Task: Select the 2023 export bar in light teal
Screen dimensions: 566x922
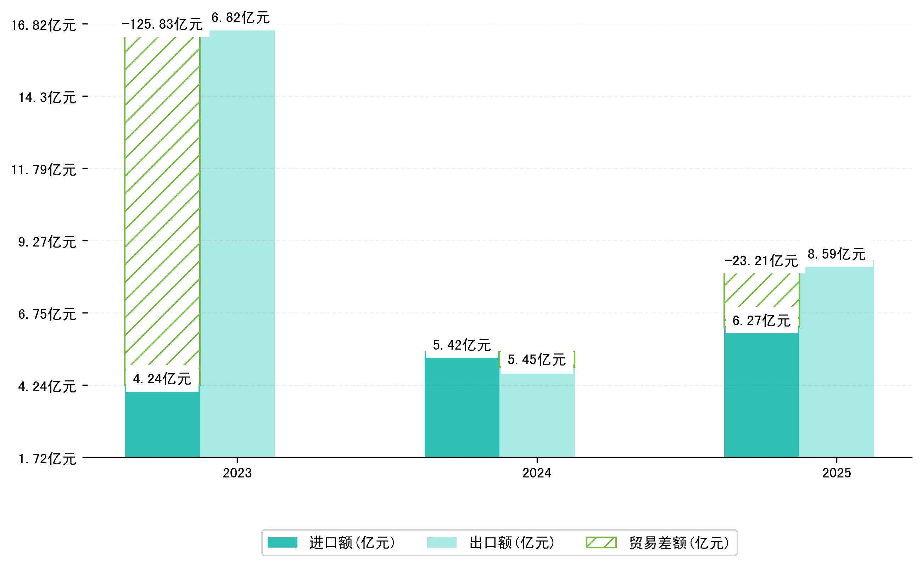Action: pos(237,243)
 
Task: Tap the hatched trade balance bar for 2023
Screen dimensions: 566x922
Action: pos(162,202)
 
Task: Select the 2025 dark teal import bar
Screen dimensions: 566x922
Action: pos(761,395)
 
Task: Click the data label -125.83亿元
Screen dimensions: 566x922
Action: pos(162,25)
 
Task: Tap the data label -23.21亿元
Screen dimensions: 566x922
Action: pos(761,261)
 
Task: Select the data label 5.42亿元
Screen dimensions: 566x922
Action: pos(462,345)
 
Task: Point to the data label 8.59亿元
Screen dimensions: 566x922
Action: pos(837,254)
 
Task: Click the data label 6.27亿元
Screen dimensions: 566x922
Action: pos(761,321)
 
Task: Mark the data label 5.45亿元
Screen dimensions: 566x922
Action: pos(537,360)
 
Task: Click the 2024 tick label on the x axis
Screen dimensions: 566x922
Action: pos(537,473)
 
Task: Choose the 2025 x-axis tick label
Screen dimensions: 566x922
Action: pos(837,473)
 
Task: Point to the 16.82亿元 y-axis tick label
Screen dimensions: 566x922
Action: pos(44,26)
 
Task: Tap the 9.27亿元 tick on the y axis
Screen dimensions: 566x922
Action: pos(47,242)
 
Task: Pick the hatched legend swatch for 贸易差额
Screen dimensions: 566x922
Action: pos(601,542)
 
